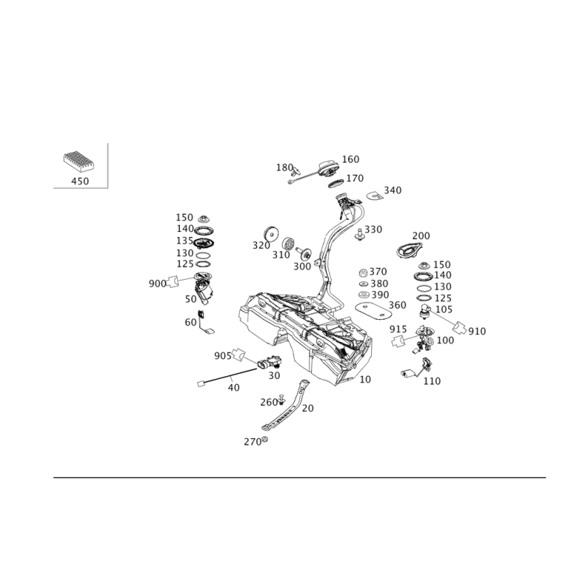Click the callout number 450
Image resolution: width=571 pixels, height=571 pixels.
[x=80, y=181]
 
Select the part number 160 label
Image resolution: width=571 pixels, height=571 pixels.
[x=350, y=159]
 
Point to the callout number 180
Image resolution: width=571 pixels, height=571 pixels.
[x=284, y=167]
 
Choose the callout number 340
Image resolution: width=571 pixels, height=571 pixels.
[x=392, y=191]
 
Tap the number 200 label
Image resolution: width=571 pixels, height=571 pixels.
[x=421, y=236]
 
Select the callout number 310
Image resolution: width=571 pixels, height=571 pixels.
[x=281, y=255]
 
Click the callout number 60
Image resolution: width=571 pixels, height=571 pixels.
[x=191, y=322]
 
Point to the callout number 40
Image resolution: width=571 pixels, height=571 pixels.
[x=233, y=387]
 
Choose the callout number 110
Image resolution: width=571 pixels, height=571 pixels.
[x=432, y=382]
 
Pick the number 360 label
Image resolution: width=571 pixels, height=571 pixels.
[x=397, y=305]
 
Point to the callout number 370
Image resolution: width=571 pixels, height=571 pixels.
[x=378, y=272]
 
